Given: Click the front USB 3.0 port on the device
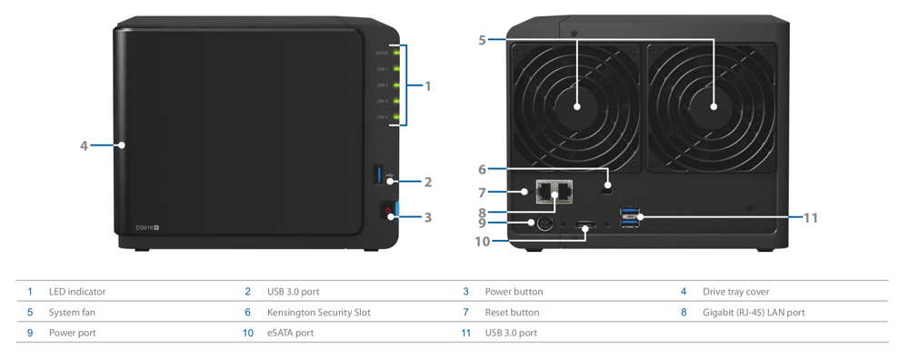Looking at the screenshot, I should pyautogui.click(x=378, y=175).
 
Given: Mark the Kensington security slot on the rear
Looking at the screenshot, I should pyautogui.click(x=606, y=188).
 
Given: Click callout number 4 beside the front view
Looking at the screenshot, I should pyautogui.click(x=84, y=145).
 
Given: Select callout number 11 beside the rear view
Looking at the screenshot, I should pyautogui.click(x=812, y=217).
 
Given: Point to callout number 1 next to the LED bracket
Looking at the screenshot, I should pyautogui.click(x=427, y=86).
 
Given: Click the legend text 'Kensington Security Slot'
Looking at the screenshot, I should pyautogui.click(x=318, y=313).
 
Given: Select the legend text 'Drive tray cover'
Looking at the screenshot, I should pyautogui.click(x=735, y=292).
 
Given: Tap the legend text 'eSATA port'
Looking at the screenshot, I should pyautogui.click(x=290, y=333).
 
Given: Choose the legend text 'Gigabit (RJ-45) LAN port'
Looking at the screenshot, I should pyautogui.click(x=754, y=313).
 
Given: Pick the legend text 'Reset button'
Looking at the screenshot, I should pyautogui.click(x=512, y=313).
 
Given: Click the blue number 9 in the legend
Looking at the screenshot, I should pyautogui.click(x=30, y=333).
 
